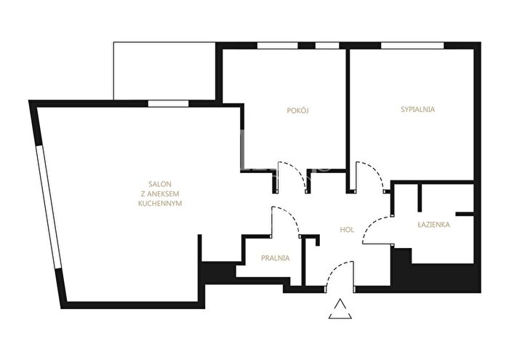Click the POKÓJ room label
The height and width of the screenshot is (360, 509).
[x=297, y=111]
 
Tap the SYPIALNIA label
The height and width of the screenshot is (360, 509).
[x=418, y=109]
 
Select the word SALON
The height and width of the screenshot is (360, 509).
[x=160, y=184]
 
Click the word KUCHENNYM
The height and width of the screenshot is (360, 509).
[x=160, y=204]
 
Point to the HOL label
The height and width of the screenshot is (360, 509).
[x=347, y=230]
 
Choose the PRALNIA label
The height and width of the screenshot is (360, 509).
[x=276, y=258]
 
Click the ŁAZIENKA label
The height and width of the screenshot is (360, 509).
[x=433, y=224]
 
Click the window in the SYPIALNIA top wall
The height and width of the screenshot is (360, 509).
[x=412, y=45]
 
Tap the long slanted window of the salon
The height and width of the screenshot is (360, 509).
[x=49, y=207]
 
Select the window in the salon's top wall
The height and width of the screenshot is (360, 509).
[x=168, y=103]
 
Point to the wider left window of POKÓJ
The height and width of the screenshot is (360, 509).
[x=278, y=45]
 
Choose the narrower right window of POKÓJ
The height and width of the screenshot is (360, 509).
[x=327, y=45]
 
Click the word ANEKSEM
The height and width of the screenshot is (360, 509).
[x=160, y=193]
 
